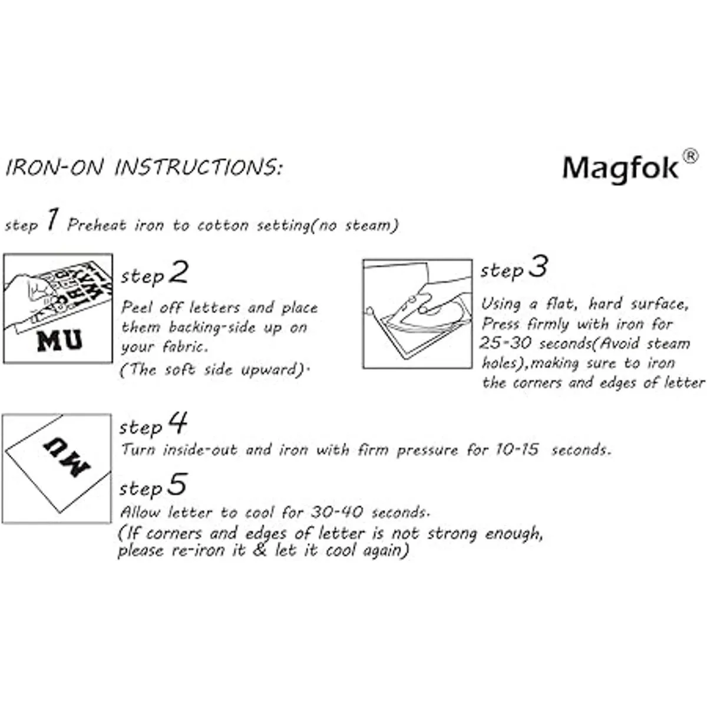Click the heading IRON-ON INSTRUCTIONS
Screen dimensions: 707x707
pos(143,167)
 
